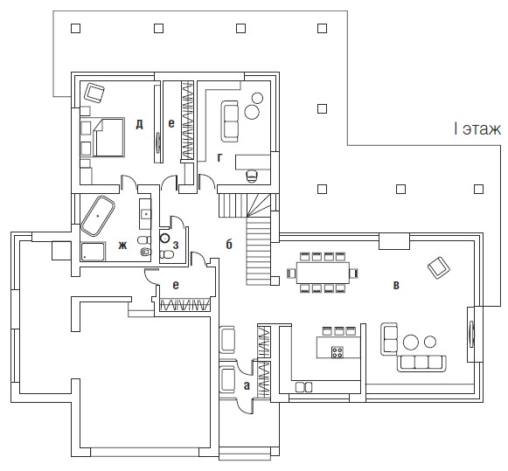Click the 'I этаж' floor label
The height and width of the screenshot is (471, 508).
point(477,129)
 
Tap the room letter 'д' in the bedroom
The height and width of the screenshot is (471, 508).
point(139,124)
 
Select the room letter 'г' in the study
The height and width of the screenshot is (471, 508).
point(220,157)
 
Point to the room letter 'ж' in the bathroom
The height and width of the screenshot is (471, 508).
point(122,246)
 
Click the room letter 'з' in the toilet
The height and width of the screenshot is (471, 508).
point(176,245)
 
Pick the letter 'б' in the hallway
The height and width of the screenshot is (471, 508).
point(229,244)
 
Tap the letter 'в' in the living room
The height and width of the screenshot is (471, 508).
point(396,285)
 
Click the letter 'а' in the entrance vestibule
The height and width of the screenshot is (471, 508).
point(247,385)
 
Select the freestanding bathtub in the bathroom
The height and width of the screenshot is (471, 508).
point(98,215)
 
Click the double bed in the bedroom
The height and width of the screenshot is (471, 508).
point(108,137)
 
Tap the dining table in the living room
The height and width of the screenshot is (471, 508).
point(323,273)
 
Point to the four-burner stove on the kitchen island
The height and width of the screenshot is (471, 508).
point(338,352)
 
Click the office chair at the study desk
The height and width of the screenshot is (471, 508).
point(252,177)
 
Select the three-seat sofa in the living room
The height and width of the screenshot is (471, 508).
point(422,364)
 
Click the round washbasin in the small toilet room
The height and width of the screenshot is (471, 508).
point(165,238)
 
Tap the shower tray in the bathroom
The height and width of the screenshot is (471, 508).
point(93,252)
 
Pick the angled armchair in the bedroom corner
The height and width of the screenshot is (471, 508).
point(94,93)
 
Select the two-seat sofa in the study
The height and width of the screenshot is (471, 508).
point(230,121)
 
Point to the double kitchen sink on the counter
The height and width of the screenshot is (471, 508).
point(304,387)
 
